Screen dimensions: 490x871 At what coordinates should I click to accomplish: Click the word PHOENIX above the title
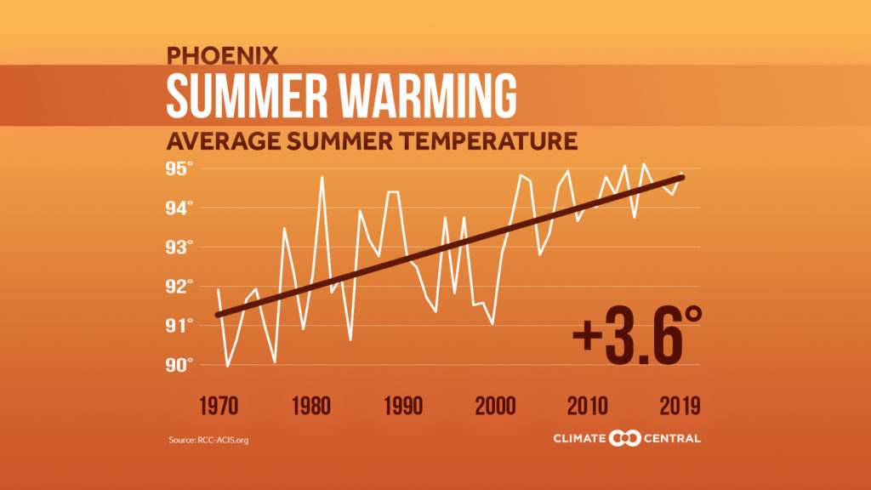222,56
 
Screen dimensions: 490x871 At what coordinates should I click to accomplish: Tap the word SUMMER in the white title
246,95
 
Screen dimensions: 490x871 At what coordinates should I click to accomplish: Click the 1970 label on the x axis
218,406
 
